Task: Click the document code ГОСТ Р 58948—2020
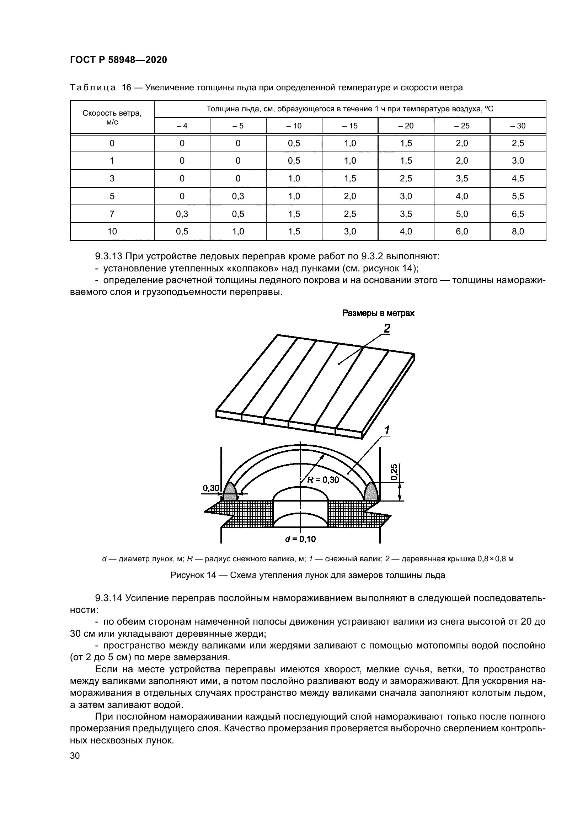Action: (x=118, y=60)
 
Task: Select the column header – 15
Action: (x=350, y=126)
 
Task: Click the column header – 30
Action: (x=518, y=126)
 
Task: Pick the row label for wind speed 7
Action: (x=112, y=214)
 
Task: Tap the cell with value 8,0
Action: (x=518, y=231)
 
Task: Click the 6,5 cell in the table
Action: (x=518, y=214)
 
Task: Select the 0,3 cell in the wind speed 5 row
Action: (x=238, y=196)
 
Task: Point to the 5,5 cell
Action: (x=518, y=196)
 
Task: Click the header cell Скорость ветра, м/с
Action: (x=112, y=117)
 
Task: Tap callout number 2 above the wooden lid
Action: (x=387, y=329)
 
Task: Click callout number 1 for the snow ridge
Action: (x=387, y=430)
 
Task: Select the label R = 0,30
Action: (x=323, y=480)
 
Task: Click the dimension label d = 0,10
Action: (x=300, y=539)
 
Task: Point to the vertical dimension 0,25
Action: (x=395, y=472)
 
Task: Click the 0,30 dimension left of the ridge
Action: (x=211, y=488)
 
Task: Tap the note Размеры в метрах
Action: (x=378, y=313)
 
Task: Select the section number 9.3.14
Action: (x=109, y=598)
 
